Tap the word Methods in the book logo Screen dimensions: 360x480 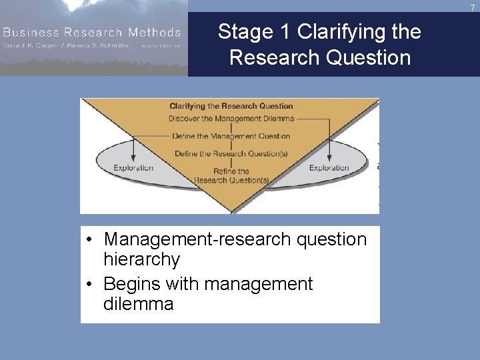pyautogui.click(x=156, y=32)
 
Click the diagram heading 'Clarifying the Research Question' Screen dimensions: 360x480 pyautogui.click(x=231, y=106)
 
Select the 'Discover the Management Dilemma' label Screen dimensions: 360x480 pyautogui.click(x=231, y=119)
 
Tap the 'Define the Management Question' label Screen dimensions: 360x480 pyautogui.click(x=231, y=136)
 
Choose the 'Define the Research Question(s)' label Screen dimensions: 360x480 pyautogui.click(x=231, y=153)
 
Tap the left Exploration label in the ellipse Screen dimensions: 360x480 pyautogui.click(x=133, y=168)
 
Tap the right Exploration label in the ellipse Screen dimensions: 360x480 pyautogui.click(x=329, y=168)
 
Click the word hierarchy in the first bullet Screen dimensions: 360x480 pyautogui.click(x=141, y=259)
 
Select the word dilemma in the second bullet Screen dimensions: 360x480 pyautogui.click(x=138, y=304)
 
